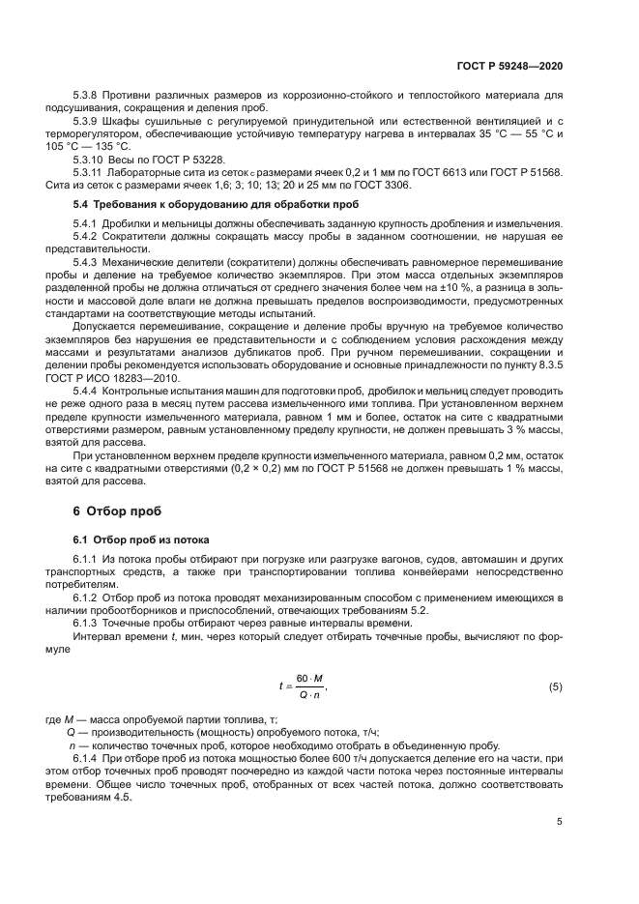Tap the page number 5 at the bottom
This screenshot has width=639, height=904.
pyautogui.click(x=560, y=822)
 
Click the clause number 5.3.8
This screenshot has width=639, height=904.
pyautogui.click(x=89, y=96)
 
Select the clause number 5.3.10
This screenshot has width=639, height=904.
pyautogui.click(x=92, y=159)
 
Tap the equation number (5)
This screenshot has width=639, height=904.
pyautogui.click(x=555, y=687)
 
